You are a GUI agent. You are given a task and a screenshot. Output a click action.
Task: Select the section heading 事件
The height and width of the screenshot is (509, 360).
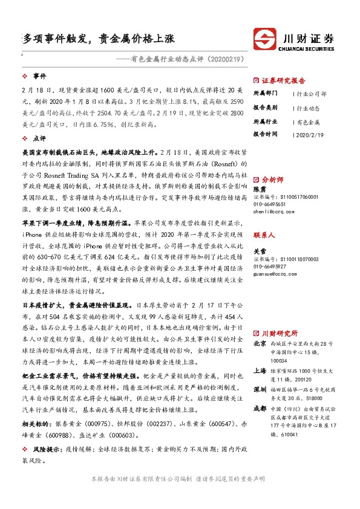39,77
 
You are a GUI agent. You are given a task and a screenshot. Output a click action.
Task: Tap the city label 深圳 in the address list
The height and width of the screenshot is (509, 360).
260,389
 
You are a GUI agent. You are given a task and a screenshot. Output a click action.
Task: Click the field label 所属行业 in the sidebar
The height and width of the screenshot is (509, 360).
264,122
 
